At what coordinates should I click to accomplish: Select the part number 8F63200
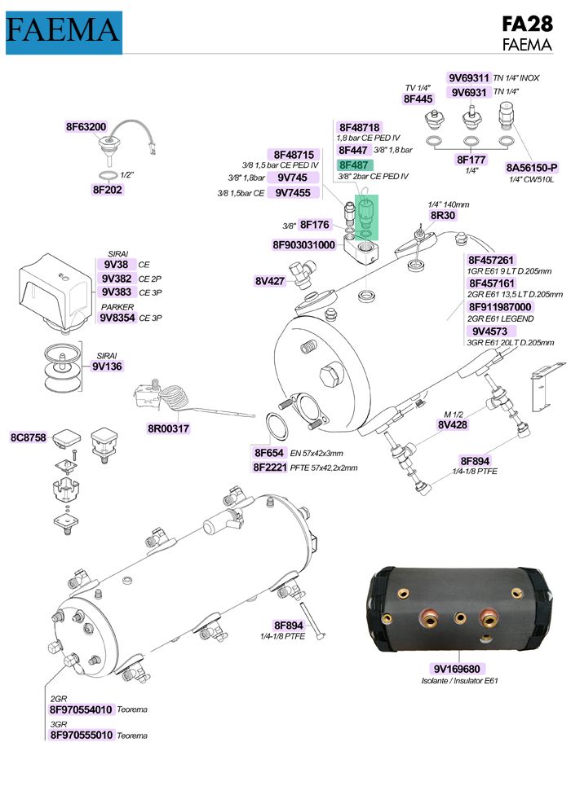tap(86, 127)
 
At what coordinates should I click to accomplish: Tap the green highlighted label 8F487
tap(355, 164)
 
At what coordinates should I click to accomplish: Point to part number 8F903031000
tap(303, 244)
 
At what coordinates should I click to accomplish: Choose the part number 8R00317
tap(168, 428)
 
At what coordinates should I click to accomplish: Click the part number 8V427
tap(269, 281)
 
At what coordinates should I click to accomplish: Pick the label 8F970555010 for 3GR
tap(81, 735)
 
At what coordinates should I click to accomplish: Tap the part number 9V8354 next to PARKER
tap(117, 318)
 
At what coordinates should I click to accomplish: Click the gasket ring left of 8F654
tap(277, 427)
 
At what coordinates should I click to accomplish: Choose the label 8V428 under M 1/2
tap(453, 424)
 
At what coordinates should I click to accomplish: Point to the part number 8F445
tap(418, 99)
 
